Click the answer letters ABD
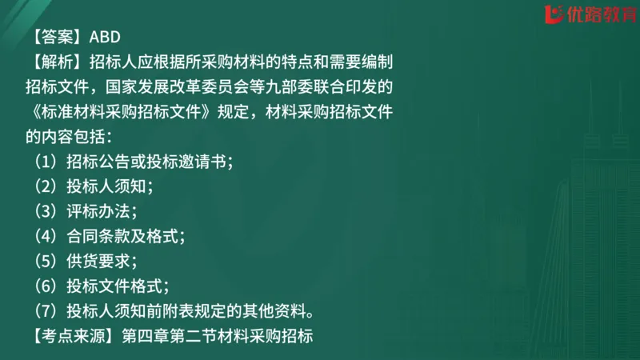(104, 36)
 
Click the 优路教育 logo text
(597, 14)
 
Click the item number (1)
(45, 161)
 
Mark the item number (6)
(45, 285)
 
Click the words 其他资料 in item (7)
(277, 310)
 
